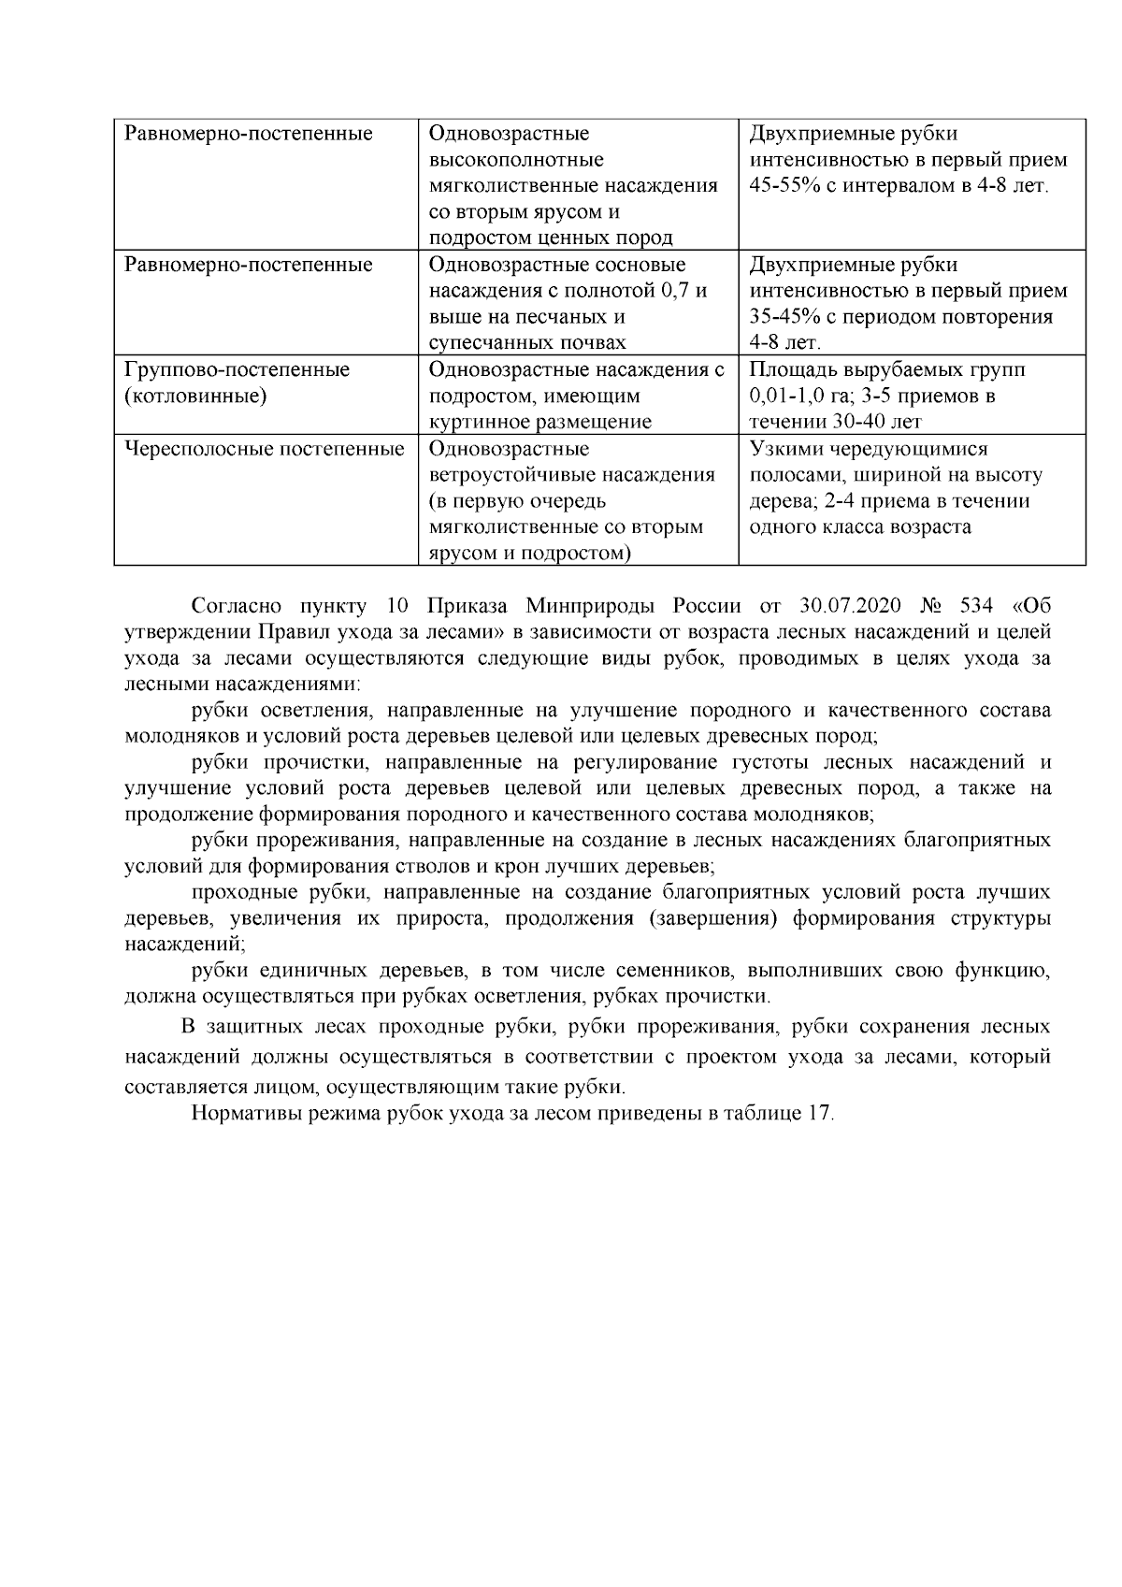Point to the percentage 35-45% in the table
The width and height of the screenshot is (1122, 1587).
(785, 316)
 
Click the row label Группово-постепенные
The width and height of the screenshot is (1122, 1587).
(237, 369)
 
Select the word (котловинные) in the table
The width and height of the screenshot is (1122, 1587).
(195, 396)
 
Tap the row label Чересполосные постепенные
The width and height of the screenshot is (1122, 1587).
(265, 449)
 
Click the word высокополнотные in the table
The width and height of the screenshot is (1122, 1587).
(515, 160)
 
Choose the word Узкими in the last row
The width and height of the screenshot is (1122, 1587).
(783, 449)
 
